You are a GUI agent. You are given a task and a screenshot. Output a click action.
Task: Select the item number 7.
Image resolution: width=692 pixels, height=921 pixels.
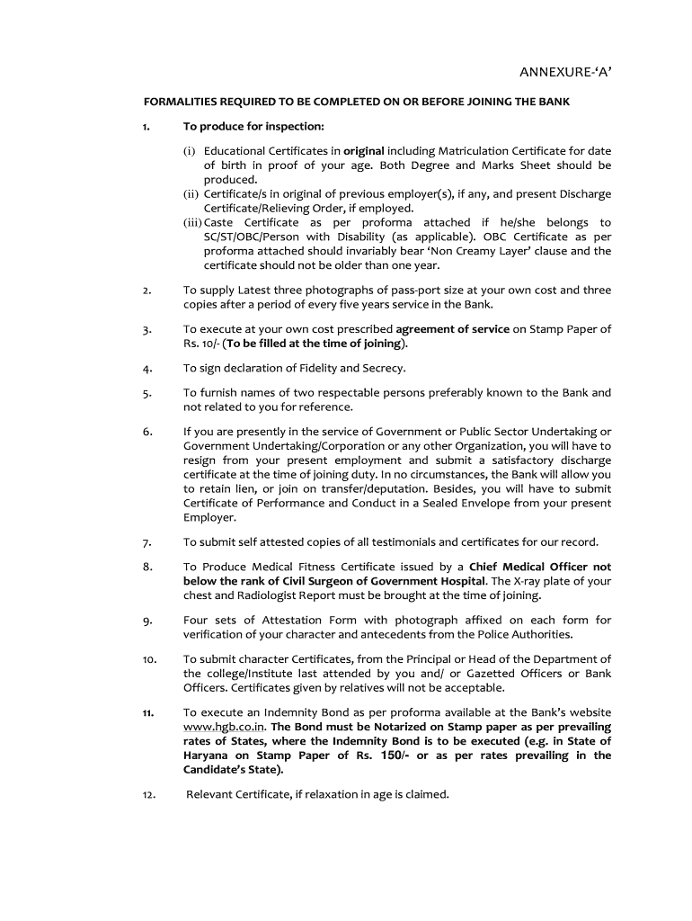click(x=146, y=542)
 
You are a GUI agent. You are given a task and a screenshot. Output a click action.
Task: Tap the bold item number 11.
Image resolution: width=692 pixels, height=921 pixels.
click(x=146, y=713)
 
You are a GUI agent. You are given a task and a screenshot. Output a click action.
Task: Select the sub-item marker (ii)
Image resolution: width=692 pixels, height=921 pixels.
click(x=191, y=194)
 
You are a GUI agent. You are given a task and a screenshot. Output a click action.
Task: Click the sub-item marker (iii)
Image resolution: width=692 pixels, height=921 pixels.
click(x=192, y=222)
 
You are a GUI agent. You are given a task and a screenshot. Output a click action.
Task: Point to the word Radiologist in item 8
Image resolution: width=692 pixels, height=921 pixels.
click(x=263, y=595)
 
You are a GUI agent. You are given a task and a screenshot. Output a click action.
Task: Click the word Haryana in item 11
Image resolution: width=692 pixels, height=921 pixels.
click(x=208, y=756)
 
